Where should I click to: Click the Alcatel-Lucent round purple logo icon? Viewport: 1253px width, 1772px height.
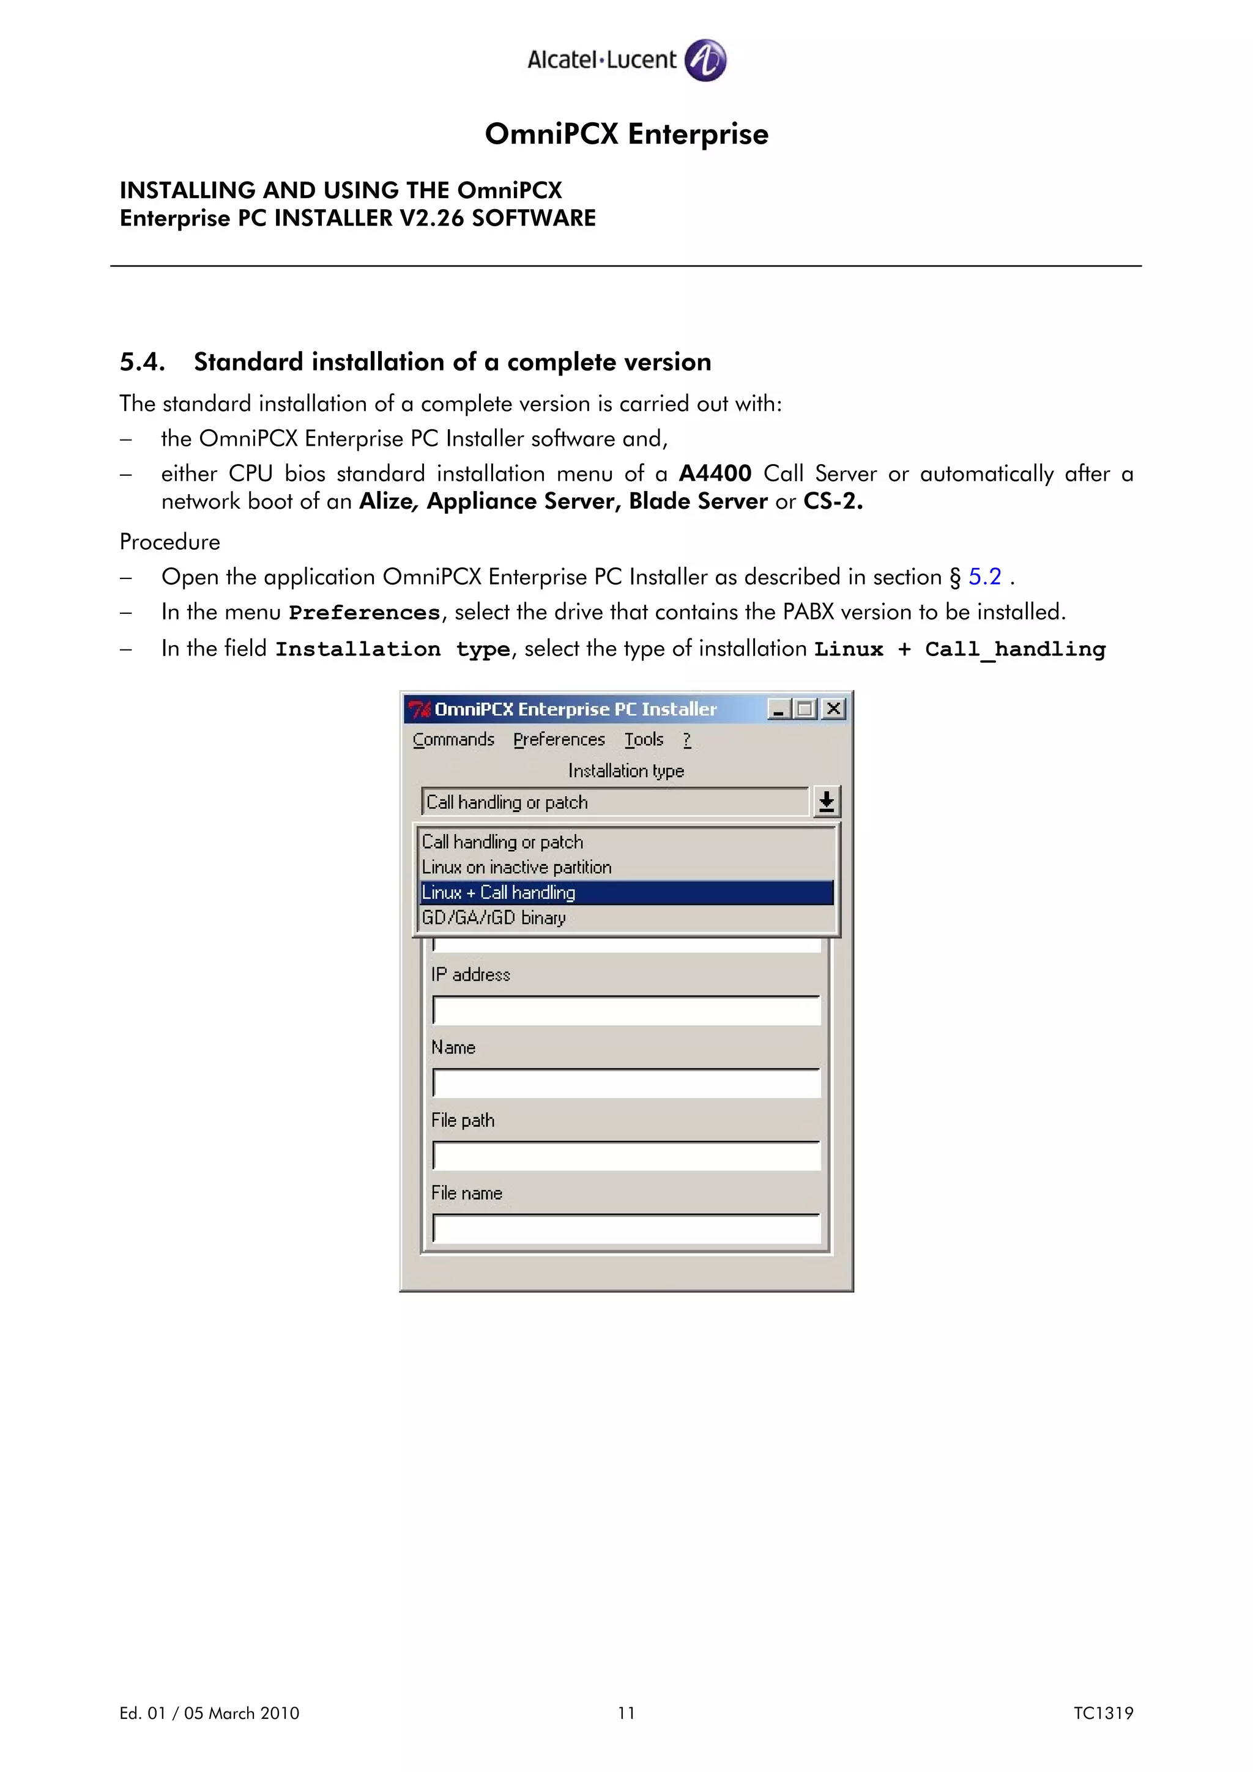[x=705, y=60]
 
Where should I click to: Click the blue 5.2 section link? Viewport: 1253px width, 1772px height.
[x=984, y=577]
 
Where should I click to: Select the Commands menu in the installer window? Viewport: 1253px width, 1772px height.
[x=453, y=739]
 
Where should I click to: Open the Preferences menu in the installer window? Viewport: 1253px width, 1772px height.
[x=559, y=739]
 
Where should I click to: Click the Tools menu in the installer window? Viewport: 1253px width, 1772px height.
[x=644, y=739]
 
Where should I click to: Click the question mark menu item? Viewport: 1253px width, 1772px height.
[x=687, y=739]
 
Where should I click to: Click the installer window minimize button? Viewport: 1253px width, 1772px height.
[x=778, y=709]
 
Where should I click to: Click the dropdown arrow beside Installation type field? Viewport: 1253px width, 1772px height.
[x=826, y=802]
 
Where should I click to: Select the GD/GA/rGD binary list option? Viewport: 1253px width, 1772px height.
[x=494, y=918]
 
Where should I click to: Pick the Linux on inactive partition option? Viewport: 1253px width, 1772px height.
[x=516, y=866]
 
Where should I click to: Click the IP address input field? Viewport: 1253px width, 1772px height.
[x=626, y=1010]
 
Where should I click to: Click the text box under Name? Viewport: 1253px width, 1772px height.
[x=626, y=1083]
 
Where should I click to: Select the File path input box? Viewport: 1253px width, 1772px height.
[x=626, y=1156]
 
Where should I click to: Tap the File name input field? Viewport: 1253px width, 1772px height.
[x=626, y=1228]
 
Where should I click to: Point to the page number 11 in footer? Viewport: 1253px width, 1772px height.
[x=626, y=1713]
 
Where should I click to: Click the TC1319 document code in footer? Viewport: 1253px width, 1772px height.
[x=1102, y=1713]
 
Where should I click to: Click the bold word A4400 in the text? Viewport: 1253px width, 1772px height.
[x=715, y=473]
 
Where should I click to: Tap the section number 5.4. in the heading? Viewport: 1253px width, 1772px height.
[x=143, y=362]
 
